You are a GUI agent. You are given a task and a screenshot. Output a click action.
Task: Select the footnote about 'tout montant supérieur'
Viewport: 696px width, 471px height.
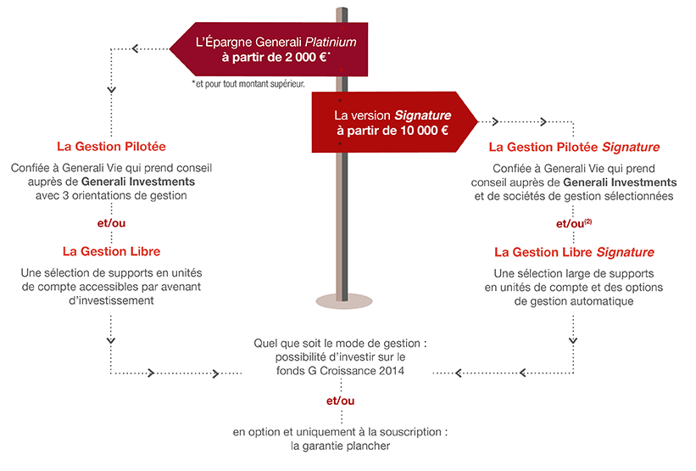pyautogui.click(x=248, y=84)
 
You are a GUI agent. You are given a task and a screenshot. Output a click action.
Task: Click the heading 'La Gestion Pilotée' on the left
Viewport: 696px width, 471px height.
pyautogui.click(x=111, y=146)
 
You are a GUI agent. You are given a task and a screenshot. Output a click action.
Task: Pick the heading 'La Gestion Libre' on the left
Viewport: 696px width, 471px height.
pyautogui.click(x=111, y=251)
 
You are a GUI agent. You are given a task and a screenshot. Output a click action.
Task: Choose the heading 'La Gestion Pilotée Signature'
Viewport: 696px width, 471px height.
pyautogui.click(x=574, y=147)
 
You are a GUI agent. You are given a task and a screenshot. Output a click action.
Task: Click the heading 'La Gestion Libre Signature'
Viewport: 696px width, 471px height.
pyautogui.click(x=574, y=252)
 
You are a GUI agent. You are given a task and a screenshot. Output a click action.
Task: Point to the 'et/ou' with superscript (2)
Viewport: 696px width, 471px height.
pyautogui.click(x=573, y=224)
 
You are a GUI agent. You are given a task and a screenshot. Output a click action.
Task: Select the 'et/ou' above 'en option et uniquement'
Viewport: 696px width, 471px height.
pyautogui.click(x=340, y=400)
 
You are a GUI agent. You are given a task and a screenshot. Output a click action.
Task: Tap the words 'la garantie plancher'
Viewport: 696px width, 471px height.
pyautogui.click(x=340, y=446)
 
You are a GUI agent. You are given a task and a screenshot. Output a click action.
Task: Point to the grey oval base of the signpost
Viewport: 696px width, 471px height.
pyautogui.click(x=340, y=300)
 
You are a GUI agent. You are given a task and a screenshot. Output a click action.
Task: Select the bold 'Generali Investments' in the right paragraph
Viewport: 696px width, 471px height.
pyautogui.click(x=619, y=182)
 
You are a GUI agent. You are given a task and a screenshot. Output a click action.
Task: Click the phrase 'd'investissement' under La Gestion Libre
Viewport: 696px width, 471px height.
pyautogui.click(x=111, y=300)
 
